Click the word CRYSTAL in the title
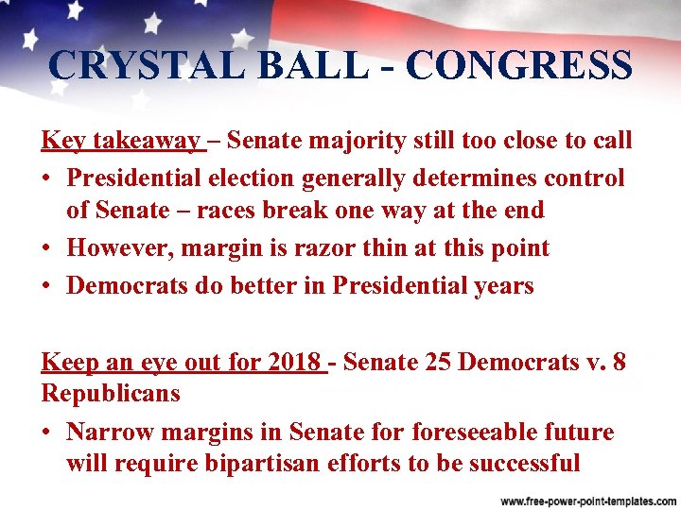[132, 65]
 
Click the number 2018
[295, 362]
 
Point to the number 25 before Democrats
[440, 362]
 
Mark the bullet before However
[47, 249]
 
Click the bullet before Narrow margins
[47, 433]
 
